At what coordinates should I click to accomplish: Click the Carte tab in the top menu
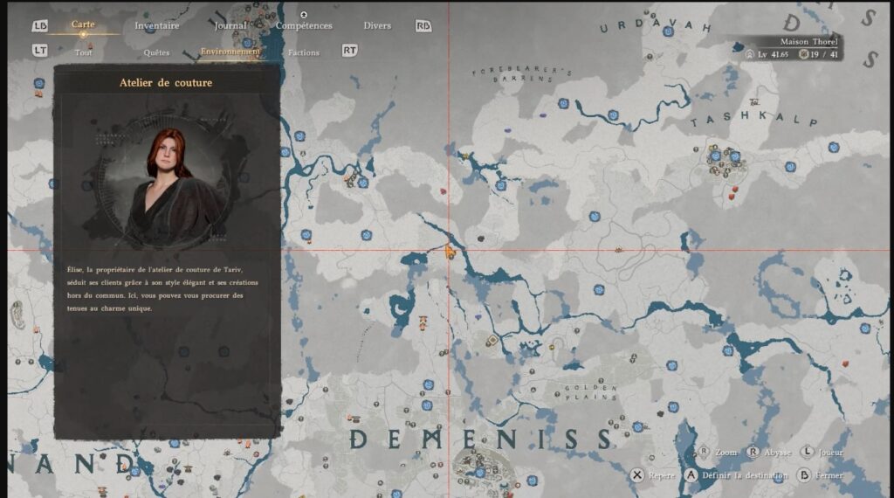pyautogui.click(x=83, y=24)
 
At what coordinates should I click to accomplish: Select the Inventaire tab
pyautogui.click(x=157, y=25)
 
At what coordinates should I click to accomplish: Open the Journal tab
pyautogui.click(x=231, y=25)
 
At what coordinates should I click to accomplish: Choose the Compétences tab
pyautogui.click(x=304, y=25)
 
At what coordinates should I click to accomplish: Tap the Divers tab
pyautogui.click(x=377, y=25)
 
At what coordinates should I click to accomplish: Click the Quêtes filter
pyautogui.click(x=156, y=52)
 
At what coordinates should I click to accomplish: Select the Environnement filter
pyautogui.click(x=230, y=52)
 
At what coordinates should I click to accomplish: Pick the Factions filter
pyautogui.click(x=304, y=52)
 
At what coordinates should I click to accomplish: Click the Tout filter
pyautogui.click(x=84, y=52)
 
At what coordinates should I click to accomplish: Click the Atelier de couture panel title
pyautogui.click(x=166, y=83)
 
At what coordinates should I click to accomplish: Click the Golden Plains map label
pyautogui.click(x=590, y=392)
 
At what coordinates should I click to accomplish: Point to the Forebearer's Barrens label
pyautogui.click(x=521, y=74)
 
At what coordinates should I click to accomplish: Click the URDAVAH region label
pyautogui.click(x=656, y=26)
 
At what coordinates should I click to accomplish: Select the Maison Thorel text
pyautogui.click(x=797, y=41)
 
